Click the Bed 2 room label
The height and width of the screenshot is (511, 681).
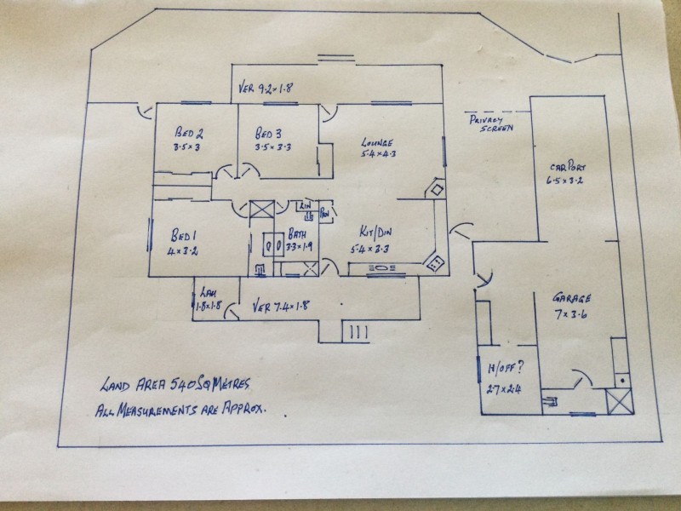188,132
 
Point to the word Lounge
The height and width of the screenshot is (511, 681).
376,141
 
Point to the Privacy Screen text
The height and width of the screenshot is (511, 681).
491,124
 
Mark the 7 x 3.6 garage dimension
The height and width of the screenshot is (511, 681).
573,314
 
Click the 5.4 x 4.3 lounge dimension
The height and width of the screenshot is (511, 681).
378,156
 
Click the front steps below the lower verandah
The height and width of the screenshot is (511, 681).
355,330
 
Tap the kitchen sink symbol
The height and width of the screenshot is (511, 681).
382,269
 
